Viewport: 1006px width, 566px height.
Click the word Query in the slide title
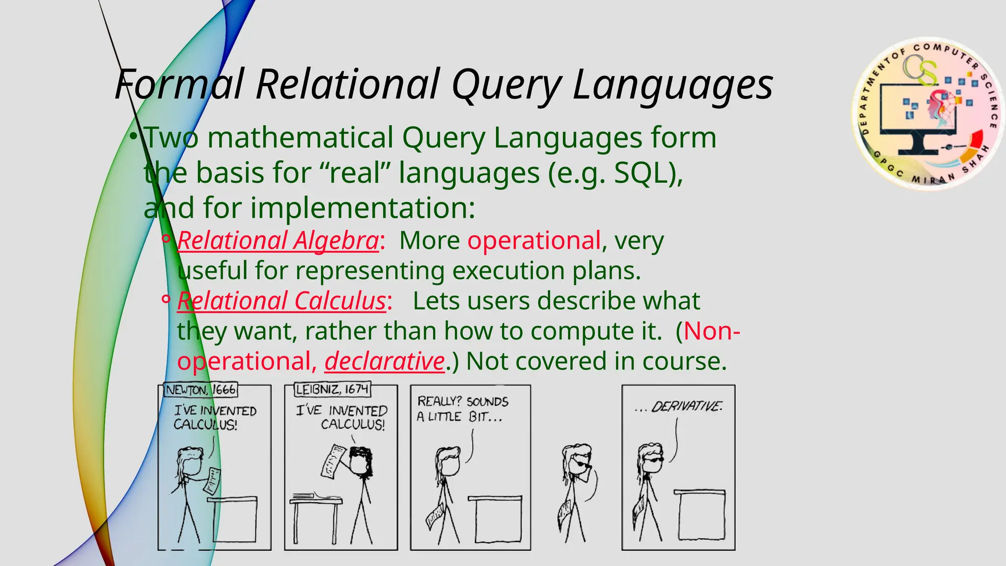506,85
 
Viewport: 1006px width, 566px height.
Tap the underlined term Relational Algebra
278,241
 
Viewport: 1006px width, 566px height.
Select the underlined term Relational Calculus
281,301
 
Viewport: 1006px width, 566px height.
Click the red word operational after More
534,241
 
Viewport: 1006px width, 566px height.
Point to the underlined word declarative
385,362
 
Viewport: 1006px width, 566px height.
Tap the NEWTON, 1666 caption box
200,390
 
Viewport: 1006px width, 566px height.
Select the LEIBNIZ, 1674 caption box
332,390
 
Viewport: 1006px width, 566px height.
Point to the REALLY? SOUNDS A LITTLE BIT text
462,409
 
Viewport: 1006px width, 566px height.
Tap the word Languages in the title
672,85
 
